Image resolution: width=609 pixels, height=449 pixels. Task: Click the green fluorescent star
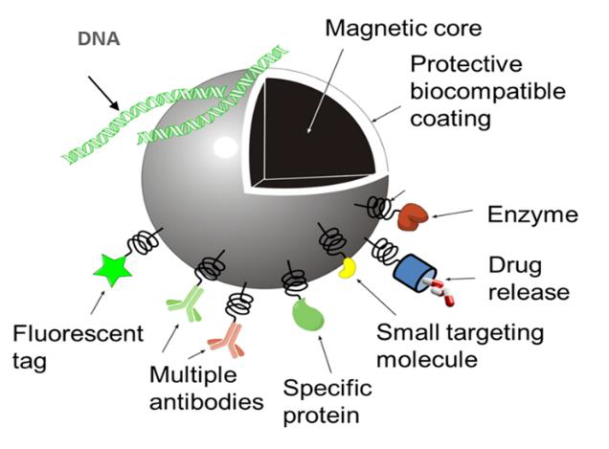[x=112, y=270]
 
